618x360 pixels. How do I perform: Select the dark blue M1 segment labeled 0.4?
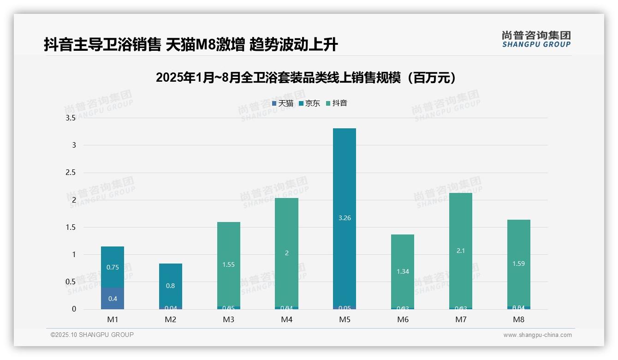[x=113, y=298]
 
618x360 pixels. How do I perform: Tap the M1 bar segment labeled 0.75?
[x=113, y=267]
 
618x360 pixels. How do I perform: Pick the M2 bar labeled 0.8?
[x=171, y=285]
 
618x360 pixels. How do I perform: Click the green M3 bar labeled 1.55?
[x=229, y=264]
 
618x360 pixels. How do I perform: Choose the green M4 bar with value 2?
[x=286, y=252]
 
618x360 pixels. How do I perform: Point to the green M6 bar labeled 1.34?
[x=403, y=271]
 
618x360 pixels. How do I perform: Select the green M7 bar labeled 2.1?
[x=460, y=250]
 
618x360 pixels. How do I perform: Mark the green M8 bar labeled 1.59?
[x=518, y=263]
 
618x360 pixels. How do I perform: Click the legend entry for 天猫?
[x=283, y=103]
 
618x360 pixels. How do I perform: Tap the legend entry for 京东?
[x=309, y=103]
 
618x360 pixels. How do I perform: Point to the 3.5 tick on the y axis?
[x=71, y=118]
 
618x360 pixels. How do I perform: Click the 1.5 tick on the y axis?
[x=71, y=228]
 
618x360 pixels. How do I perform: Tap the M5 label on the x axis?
[x=345, y=319]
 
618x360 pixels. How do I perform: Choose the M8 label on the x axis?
[x=518, y=319]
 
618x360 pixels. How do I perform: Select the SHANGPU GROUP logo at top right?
[x=536, y=39]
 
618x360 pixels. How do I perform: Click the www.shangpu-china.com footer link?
[x=537, y=335]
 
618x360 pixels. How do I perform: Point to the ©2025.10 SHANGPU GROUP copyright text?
[x=92, y=335]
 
